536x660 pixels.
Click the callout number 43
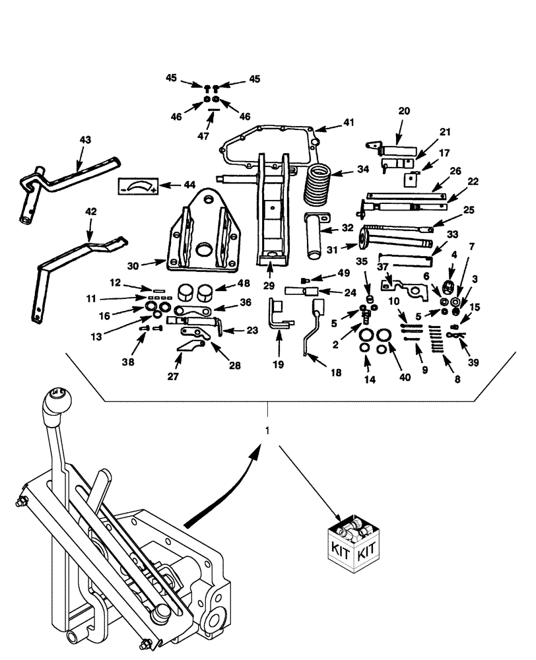click(x=86, y=140)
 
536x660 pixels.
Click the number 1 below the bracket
click(x=267, y=430)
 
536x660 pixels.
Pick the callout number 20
click(x=404, y=111)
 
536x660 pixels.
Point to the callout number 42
click(x=92, y=212)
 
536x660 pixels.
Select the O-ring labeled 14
click(x=364, y=347)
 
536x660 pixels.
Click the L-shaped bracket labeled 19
click(x=277, y=315)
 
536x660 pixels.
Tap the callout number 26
click(x=436, y=170)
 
